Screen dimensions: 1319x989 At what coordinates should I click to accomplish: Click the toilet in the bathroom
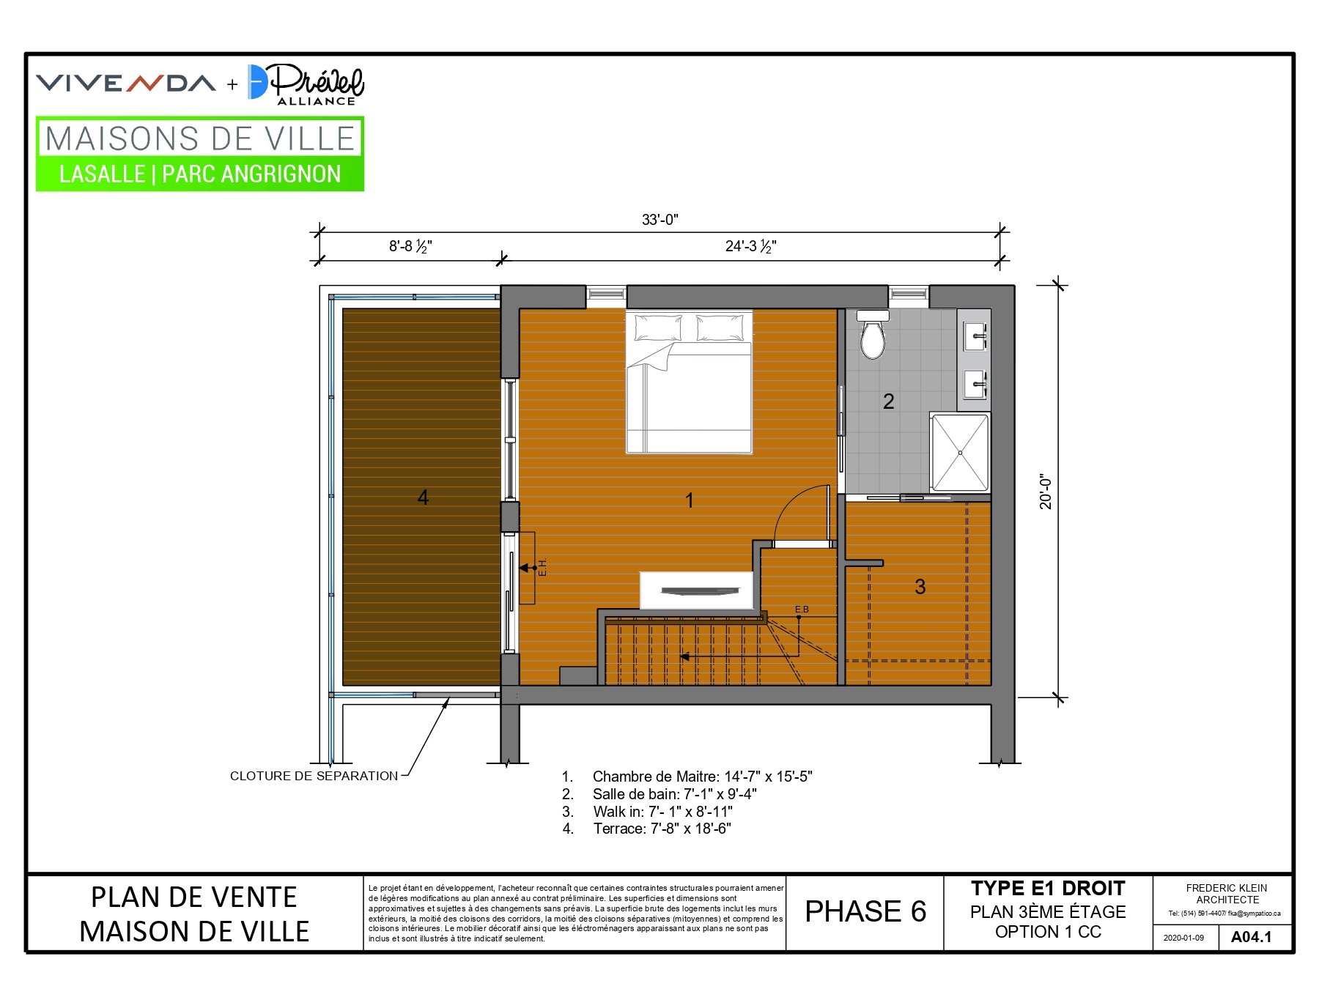pos(873,335)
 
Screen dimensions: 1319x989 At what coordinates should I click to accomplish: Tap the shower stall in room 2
pos(960,452)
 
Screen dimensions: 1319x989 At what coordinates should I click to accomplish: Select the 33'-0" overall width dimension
pos(660,220)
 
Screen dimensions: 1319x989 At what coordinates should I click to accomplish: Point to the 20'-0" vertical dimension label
pos(1046,492)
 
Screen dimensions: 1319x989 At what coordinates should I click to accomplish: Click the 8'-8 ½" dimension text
pos(410,246)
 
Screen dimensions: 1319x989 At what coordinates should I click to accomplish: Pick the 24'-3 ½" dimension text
pos(751,246)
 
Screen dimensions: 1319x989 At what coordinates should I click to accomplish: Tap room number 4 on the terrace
pos(423,497)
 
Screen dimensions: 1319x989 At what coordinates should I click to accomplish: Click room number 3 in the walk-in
pos(920,586)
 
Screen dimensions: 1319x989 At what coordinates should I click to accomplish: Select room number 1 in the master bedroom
pos(689,500)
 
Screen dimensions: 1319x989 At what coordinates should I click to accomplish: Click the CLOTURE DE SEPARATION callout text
pos(314,776)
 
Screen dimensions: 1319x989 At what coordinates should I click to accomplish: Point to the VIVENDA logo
pos(126,83)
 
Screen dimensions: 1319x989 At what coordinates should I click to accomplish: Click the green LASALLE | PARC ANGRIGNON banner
pos(200,174)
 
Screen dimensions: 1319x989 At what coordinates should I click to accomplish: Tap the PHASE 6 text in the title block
pos(865,911)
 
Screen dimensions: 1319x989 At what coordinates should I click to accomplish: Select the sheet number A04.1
pos(1252,937)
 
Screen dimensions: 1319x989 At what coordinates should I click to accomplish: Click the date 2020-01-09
pos(1183,938)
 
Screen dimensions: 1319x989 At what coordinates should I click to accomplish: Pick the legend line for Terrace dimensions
pos(646,829)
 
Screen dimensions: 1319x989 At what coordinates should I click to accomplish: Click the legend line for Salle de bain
pos(659,794)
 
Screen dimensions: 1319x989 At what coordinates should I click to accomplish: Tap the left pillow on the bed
pos(657,327)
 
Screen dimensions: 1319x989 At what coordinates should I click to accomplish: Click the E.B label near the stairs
pos(802,610)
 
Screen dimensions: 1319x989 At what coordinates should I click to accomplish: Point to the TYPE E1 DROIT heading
pos(1048,889)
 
